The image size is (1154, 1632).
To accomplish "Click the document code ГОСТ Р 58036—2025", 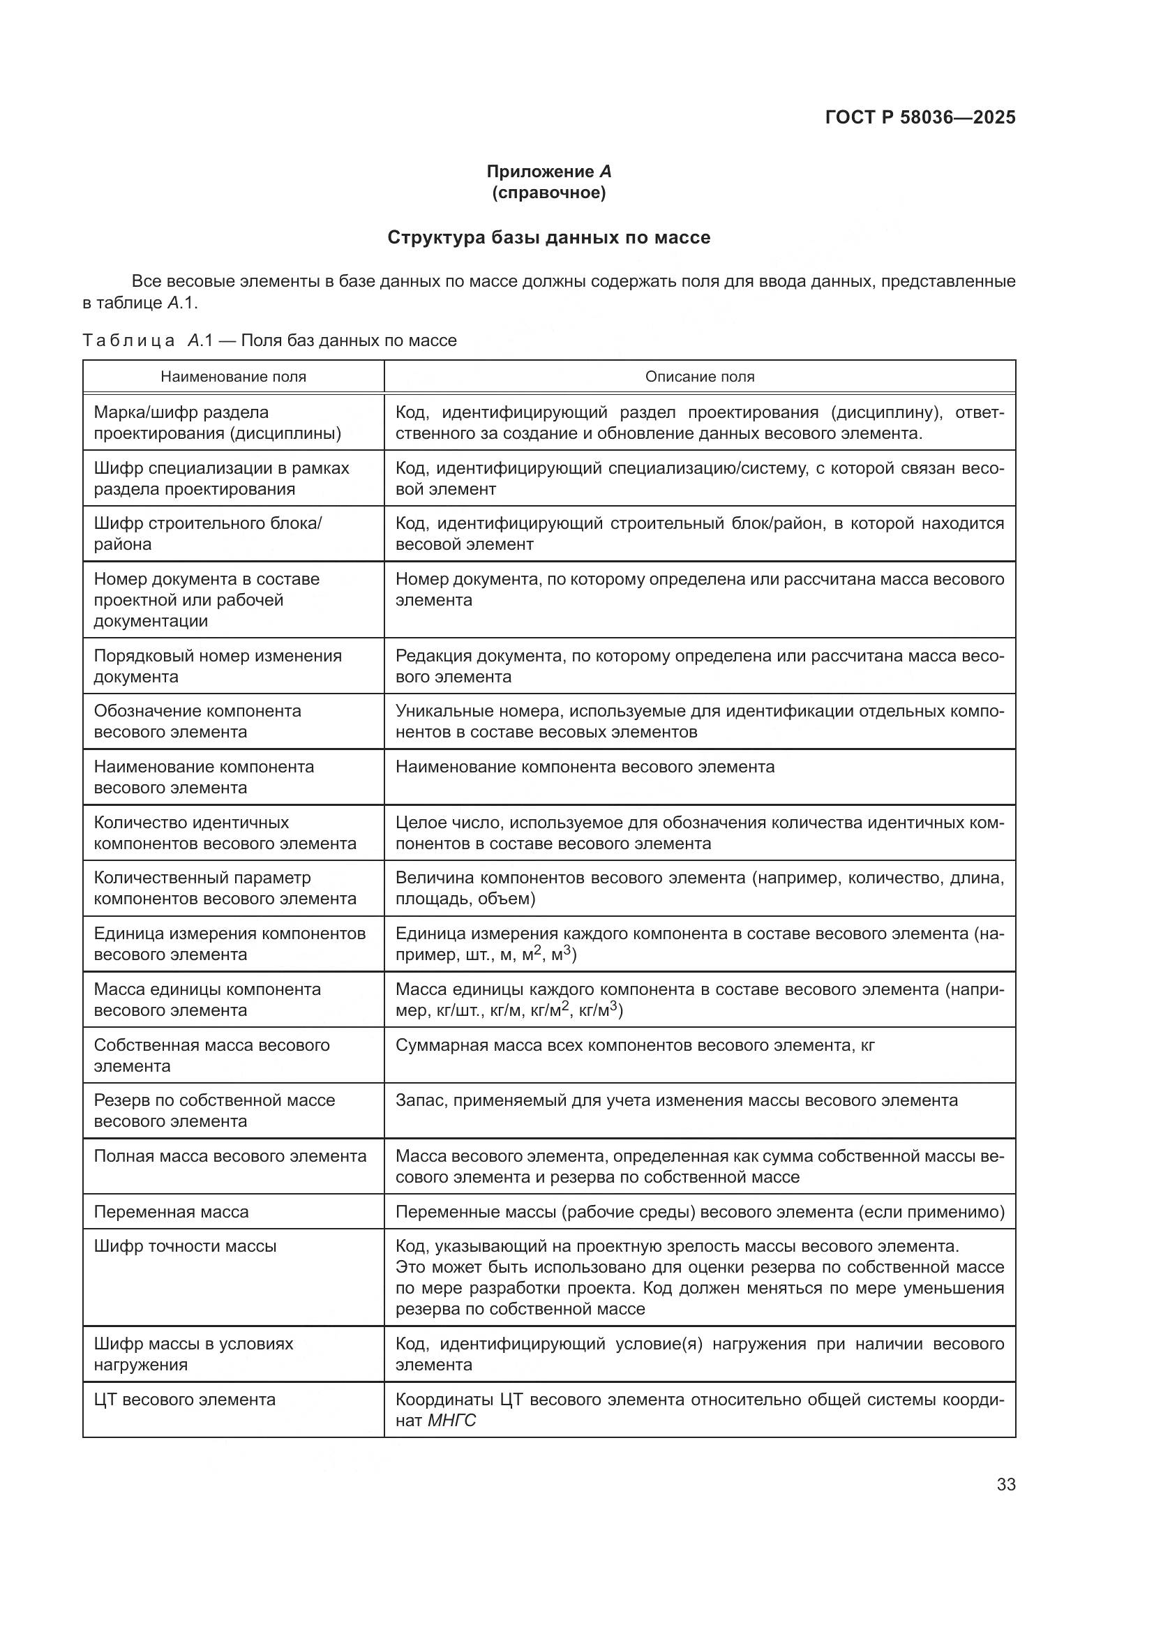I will (920, 117).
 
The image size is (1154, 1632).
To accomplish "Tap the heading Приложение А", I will (548, 172).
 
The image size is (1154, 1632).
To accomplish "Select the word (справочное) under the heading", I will (548, 193).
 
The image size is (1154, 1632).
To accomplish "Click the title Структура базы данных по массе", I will (548, 237).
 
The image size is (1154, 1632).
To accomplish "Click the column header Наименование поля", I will (233, 377).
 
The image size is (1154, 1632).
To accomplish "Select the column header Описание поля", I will (699, 377).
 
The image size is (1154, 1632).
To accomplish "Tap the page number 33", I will (1005, 1484).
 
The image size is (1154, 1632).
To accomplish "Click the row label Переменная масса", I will (171, 1212).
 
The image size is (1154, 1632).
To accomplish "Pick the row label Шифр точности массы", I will (185, 1246).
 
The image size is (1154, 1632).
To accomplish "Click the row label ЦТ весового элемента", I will (185, 1400).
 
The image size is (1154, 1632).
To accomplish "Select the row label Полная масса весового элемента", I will (230, 1156).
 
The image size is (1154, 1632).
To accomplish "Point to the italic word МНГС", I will (452, 1421).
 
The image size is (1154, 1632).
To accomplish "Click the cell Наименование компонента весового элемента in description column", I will (584, 767).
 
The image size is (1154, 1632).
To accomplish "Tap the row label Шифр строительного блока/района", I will (207, 534).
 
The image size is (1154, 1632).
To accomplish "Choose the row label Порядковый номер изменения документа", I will (218, 666).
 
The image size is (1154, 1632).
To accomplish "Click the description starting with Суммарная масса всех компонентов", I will (634, 1045).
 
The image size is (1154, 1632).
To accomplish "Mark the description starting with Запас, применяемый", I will (676, 1100).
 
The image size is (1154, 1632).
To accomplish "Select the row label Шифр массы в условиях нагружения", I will (193, 1354).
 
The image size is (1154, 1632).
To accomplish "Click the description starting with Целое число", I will (699, 833).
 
